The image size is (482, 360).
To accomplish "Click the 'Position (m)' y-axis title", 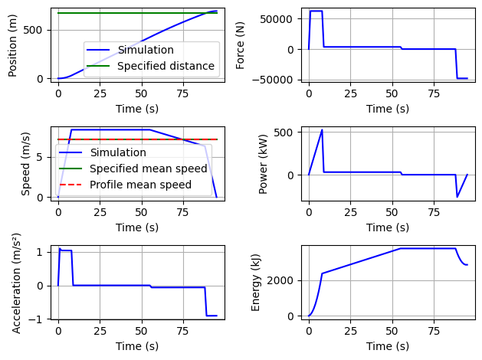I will (x=13, y=44).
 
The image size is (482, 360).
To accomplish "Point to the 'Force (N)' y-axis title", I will (x=241, y=44).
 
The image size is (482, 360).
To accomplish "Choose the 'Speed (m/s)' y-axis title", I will (x=25, y=163).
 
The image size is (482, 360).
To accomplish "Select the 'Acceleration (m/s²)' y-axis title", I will (x=17, y=283).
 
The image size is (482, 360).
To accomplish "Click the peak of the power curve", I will (x=322, y=130).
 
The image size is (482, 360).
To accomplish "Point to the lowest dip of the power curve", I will (x=457, y=197).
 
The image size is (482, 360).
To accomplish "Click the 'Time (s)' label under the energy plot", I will (x=387, y=346).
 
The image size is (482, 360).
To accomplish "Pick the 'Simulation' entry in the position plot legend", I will (x=145, y=50).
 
